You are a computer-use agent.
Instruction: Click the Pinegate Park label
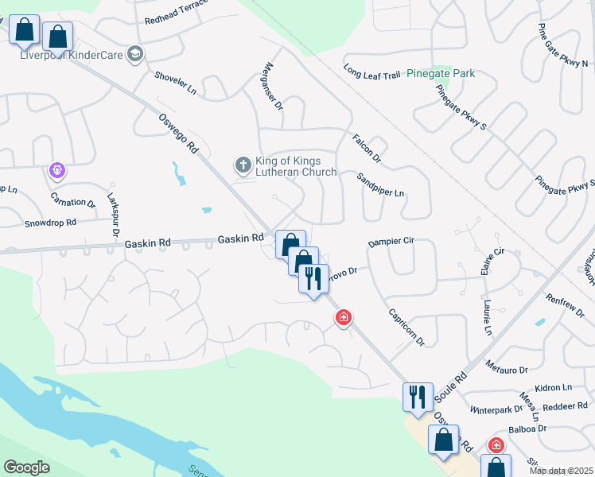click(441, 73)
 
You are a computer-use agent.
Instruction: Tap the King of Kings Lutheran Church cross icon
click(243, 165)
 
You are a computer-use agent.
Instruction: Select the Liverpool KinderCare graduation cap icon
click(134, 54)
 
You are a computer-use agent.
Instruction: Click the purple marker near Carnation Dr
click(56, 169)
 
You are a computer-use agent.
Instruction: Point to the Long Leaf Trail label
click(371, 72)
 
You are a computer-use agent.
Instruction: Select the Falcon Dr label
click(367, 149)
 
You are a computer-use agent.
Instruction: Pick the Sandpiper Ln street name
click(380, 185)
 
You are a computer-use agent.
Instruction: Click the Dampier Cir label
click(392, 242)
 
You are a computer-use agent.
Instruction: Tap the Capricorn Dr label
click(408, 322)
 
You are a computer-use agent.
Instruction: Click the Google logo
click(26, 467)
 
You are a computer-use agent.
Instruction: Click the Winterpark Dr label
click(496, 409)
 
